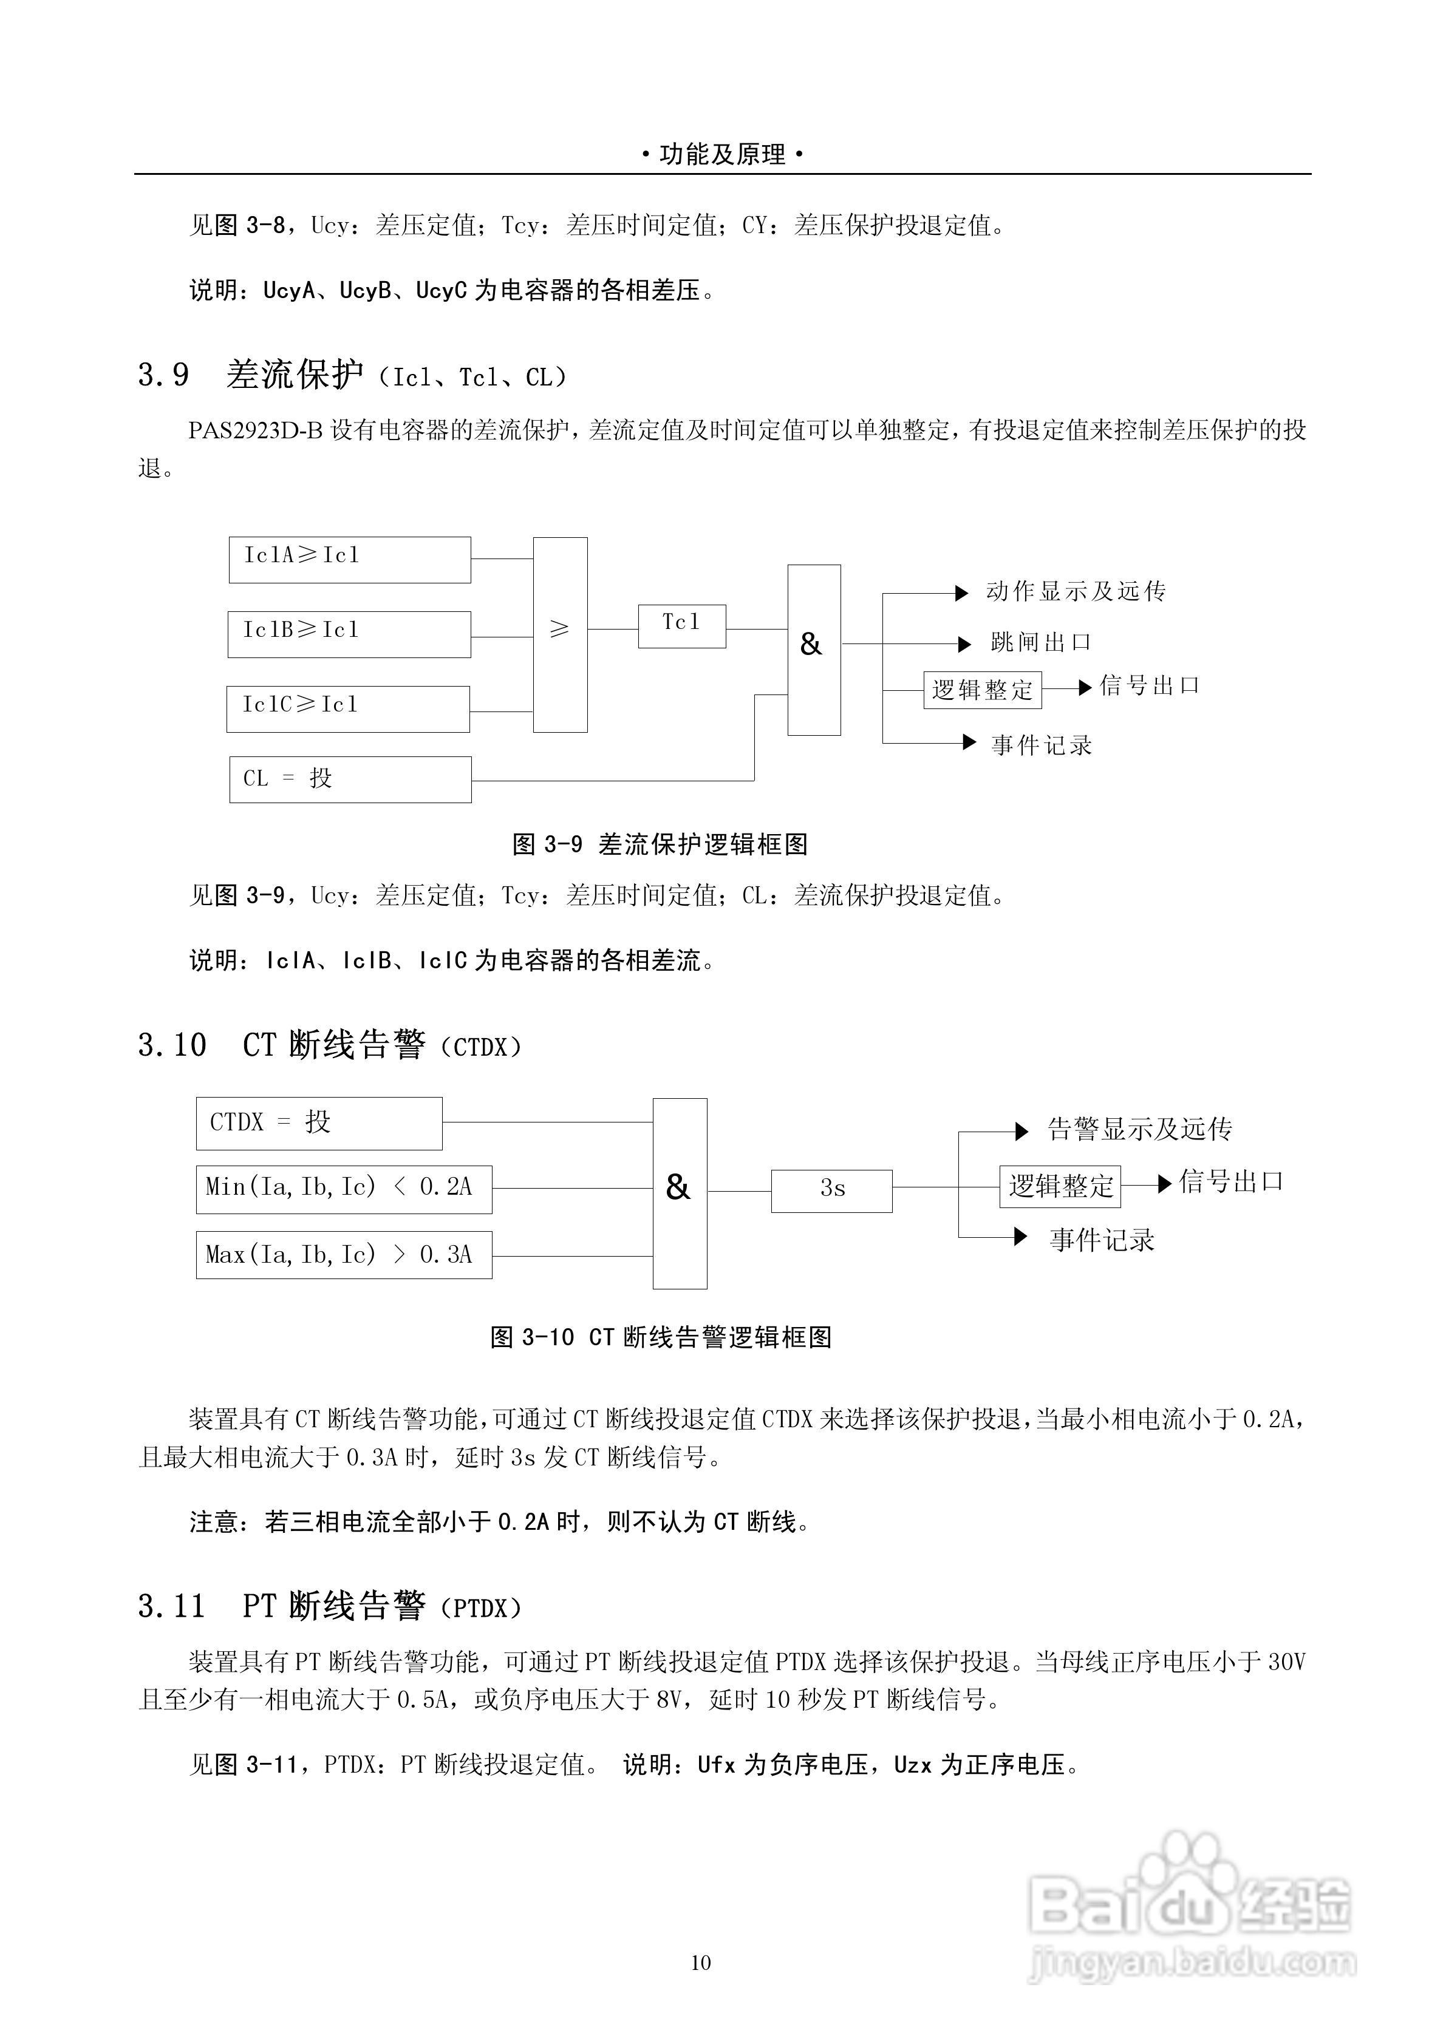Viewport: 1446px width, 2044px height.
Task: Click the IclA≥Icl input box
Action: (349, 560)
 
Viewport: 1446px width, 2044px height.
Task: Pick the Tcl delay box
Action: (682, 626)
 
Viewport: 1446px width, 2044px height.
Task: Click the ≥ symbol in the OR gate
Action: (559, 630)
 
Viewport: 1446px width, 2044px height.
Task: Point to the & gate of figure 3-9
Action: (814, 650)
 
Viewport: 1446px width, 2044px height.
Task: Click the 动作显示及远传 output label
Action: (1076, 592)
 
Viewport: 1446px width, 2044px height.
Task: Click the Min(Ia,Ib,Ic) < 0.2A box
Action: (344, 1189)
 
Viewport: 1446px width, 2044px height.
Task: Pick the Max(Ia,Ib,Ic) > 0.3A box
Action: (344, 1255)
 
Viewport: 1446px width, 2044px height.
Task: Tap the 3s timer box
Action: (831, 1190)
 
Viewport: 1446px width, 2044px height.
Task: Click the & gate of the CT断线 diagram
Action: (680, 1193)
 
